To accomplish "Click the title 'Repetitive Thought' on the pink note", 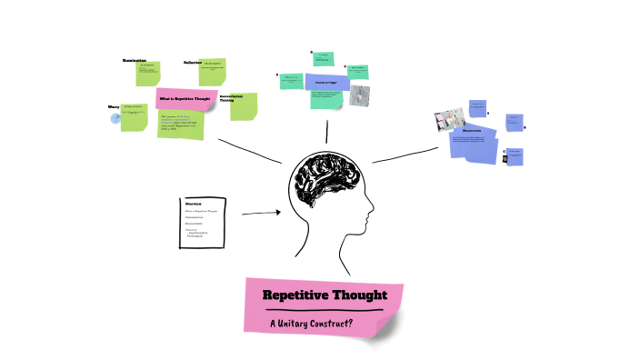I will tap(325, 295).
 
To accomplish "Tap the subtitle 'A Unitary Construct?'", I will tap(311, 324).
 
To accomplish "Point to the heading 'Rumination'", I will tap(135, 61).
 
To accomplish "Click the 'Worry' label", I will tap(115, 106).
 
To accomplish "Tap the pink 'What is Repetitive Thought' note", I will tap(185, 98).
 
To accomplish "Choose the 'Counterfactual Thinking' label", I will tap(231, 98).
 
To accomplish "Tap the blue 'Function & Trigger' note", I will tap(326, 82).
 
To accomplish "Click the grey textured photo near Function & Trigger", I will tap(359, 95).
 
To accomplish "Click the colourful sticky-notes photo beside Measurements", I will tap(450, 120).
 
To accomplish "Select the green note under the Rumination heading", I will tap(147, 73).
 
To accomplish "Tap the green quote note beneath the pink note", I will tap(182, 124).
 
